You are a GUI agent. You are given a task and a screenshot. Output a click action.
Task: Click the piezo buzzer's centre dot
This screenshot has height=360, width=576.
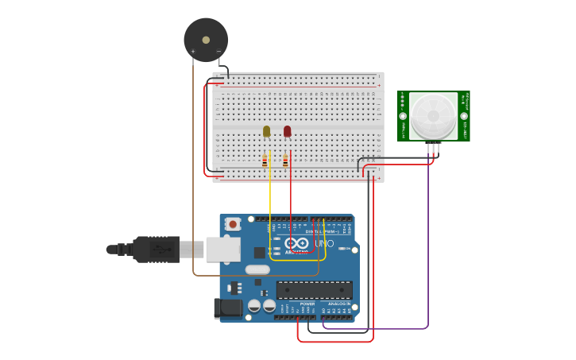[206, 40]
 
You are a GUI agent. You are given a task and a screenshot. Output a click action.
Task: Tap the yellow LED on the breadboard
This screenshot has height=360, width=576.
[266, 131]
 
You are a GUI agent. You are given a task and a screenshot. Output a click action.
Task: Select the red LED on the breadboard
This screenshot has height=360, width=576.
[287, 131]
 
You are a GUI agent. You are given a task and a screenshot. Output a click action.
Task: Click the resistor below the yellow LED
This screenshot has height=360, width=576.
[265, 161]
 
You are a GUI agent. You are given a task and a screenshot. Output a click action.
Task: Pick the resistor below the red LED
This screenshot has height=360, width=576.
[285, 161]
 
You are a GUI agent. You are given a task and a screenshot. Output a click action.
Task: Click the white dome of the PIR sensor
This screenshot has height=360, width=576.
[433, 116]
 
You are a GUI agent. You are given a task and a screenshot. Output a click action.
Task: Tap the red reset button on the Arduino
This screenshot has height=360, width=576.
[233, 224]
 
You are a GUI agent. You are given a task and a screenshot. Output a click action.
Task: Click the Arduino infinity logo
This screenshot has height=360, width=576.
[296, 243]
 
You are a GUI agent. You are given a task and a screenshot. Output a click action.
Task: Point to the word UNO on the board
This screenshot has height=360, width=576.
[324, 242]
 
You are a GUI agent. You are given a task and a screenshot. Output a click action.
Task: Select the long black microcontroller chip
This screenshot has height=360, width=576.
[314, 290]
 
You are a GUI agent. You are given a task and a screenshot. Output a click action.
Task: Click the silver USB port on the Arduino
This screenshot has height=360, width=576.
[222, 250]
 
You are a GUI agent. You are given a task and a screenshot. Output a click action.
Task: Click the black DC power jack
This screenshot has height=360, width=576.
[228, 308]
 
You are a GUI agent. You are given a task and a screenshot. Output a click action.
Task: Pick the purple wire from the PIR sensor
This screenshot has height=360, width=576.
[428, 238]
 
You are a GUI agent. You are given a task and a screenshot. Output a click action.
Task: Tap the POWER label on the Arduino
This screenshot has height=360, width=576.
[307, 304]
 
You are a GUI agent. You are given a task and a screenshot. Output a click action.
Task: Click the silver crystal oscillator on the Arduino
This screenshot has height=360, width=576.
[257, 269]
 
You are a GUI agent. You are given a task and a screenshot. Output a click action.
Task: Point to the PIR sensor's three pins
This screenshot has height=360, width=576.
[433, 146]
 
